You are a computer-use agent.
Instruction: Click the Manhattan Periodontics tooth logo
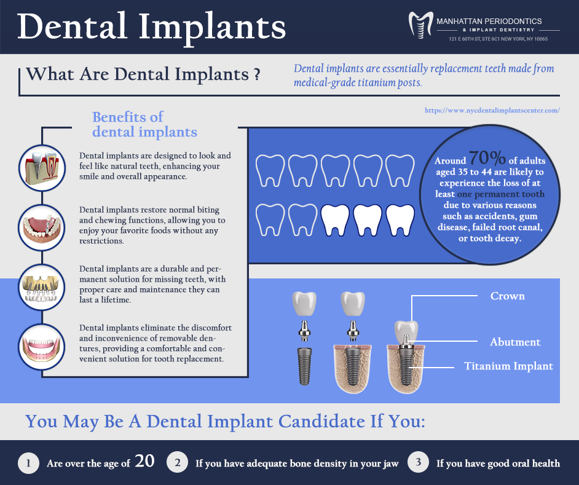click(x=420, y=25)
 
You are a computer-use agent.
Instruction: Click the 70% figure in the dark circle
click(x=487, y=158)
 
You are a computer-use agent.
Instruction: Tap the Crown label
click(x=507, y=296)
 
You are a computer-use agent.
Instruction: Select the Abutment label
click(x=515, y=342)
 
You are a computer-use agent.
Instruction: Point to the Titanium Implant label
click(x=508, y=366)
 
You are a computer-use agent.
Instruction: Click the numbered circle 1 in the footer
click(x=28, y=463)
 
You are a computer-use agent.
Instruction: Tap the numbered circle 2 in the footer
click(x=178, y=462)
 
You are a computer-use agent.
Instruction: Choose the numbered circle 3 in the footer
click(x=419, y=462)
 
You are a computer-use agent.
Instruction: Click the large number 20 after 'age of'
click(x=144, y=461)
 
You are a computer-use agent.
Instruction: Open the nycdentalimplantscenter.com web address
click(x=492, y=110)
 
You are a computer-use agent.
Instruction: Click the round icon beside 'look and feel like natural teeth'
click(x=42, y=168)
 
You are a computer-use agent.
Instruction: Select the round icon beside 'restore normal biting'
click(x=42, y=227)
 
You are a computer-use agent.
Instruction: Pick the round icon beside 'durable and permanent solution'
click(x=42, y=288)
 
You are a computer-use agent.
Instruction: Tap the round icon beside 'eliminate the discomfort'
click(x=42, y=347)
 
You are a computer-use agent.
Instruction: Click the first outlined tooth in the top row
click(x=270, y=171)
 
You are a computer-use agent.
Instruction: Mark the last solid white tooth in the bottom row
click(x=400, y=220)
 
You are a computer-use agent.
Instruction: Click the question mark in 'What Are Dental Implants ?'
click(x=257, y=74)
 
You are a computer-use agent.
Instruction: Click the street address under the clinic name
click(x=498, y=39)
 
